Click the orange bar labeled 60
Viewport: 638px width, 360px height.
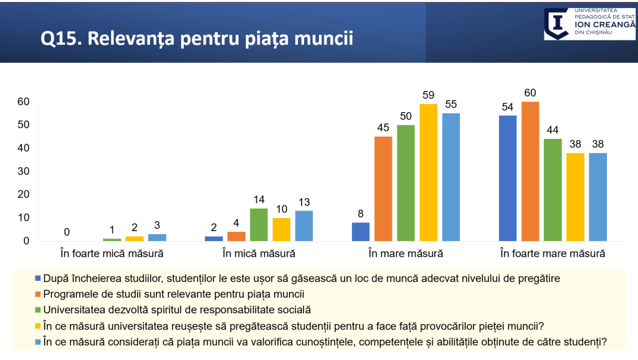pos(530,171)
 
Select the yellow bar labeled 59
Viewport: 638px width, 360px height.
pos(428,173)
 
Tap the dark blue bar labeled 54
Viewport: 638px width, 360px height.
pos(508,178)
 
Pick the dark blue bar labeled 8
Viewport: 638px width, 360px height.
pos(361,232)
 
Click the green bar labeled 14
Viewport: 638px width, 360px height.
pos(259,224)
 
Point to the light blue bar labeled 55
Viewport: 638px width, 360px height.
pos(450,177)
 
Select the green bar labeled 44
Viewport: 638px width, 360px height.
pos(553,190)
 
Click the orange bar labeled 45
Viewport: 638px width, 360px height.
pos(383,189)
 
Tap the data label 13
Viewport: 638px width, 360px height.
pos(304,203)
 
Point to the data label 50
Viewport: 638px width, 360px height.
pos(406,117)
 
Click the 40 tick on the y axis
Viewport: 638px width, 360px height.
pos(23,148)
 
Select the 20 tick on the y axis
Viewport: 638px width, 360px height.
pos(23,195)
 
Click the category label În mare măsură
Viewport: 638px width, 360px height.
pos(406,253)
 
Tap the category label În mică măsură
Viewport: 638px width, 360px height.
pos(259,253)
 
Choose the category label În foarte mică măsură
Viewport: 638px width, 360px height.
pos(112,253)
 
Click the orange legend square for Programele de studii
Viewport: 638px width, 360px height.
pos(38,293)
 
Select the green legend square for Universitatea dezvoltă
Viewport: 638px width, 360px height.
pos(38,310)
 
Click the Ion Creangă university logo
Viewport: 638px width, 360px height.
pos(589,24)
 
